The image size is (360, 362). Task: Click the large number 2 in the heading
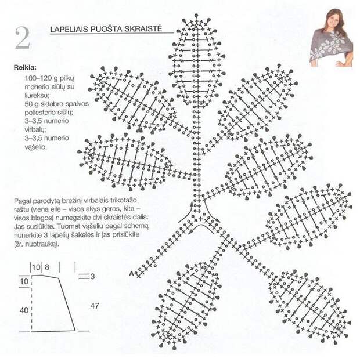pyautogui.click(x=23, y=38)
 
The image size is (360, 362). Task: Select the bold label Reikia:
pyautogui.click(x=25, y=68)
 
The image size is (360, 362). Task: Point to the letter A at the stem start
pyautogui.click(x=131, y=274)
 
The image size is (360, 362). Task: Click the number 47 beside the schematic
pyautogui.click(x=95, y=306)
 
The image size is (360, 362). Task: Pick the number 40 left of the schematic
pyautogui.click(x=24, y=310)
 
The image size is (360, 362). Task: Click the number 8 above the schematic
pyautogui.click(x=47, y=267)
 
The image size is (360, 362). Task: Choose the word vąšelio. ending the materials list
pyautogui.click(x=35, y=147)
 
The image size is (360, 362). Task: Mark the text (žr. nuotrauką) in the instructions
pyautogui.click(x=37, y=244)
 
